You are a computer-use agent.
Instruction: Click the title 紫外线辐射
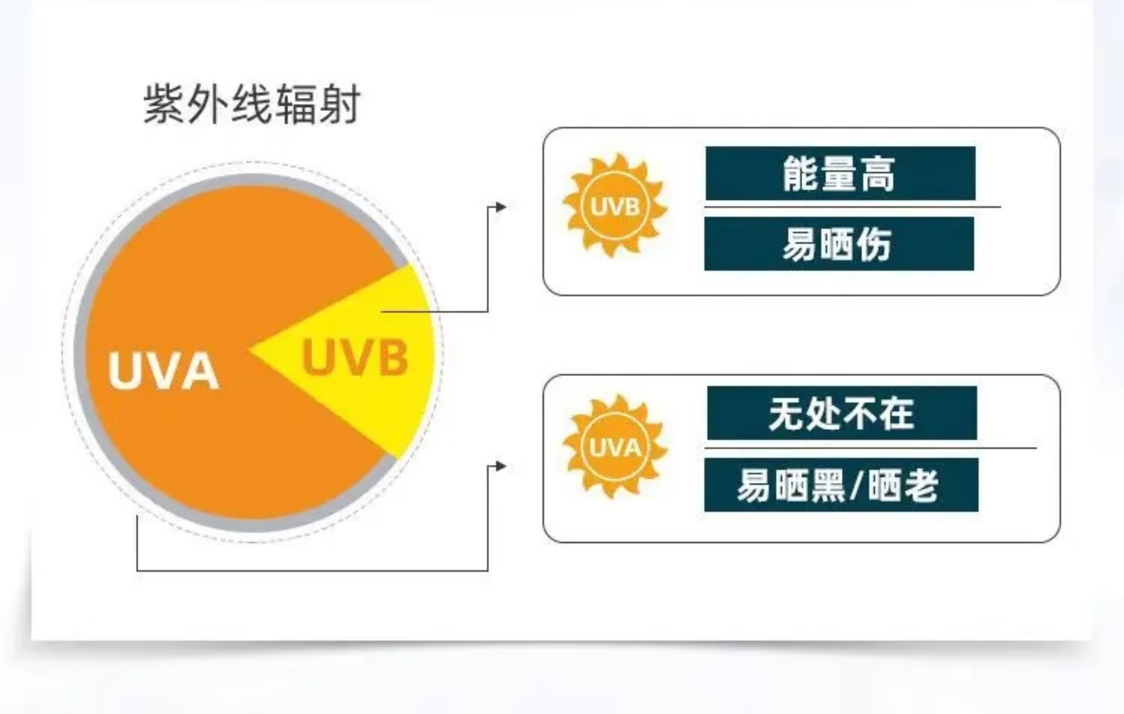(252, 104)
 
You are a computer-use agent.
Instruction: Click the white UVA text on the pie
(163, 371)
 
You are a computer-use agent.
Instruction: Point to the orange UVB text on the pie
(355, 357)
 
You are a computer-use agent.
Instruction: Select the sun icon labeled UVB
(615, 206)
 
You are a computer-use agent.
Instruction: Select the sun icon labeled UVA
(615, 447)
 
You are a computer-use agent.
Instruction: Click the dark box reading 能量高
(840, 174)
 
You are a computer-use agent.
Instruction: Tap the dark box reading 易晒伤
(839, 244)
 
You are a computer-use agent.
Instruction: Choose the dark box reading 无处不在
(842, 413)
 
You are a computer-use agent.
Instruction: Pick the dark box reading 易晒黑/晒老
(841, 485)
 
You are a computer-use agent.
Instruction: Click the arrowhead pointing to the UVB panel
(501, 207)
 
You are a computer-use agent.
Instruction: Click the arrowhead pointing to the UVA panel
(501, 466)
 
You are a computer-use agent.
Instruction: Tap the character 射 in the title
(340, 104)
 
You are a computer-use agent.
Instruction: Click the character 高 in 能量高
(877, 174)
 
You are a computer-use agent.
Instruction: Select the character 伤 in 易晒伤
(874, 244)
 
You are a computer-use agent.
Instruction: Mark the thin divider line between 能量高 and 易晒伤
(852, 207)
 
